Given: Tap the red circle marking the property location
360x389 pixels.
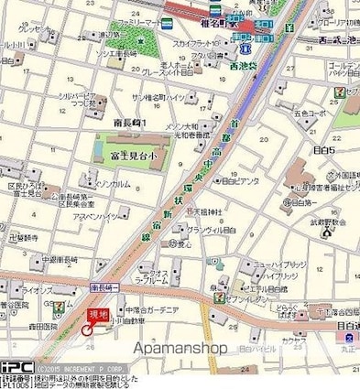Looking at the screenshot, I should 87,330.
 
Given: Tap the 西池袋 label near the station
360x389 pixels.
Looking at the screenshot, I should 243,66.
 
